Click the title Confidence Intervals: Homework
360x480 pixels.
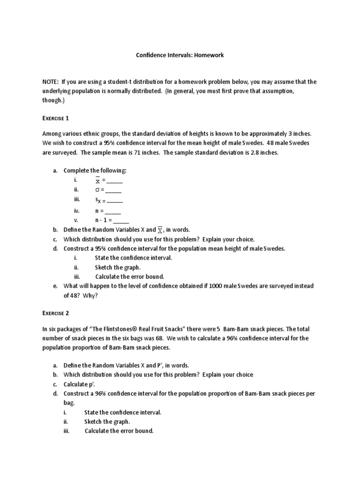pos(180,55)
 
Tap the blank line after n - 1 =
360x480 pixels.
pos(121,220)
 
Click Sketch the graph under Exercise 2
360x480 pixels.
pos(107,421)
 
